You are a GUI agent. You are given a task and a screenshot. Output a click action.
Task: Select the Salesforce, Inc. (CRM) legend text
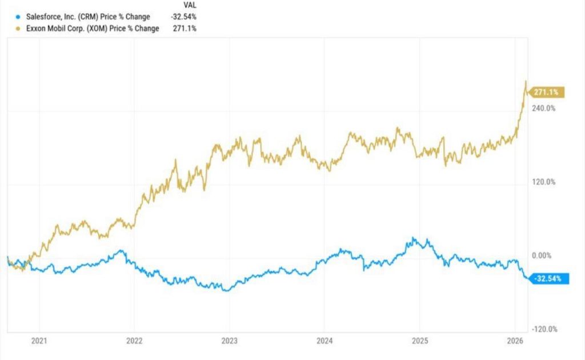83,17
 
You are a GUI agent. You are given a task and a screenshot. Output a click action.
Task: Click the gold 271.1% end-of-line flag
547,92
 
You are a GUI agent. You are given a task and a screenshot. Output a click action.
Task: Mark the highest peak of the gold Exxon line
526,82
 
